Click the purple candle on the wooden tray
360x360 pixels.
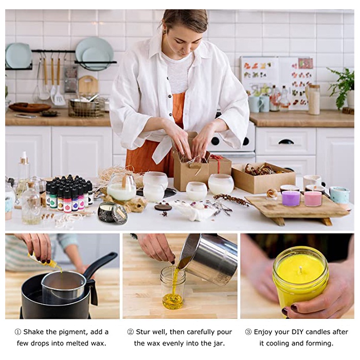click(291, 198)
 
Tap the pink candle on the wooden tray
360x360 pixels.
click(313, 199)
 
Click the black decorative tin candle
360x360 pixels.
click(112, 212)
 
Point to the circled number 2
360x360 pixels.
click(131, 332)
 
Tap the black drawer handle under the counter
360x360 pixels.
click(286, 141)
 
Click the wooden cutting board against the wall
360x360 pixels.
click(88, 85)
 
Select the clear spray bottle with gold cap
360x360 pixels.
click(24, 169)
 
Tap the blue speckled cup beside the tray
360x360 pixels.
click(340, 195)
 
